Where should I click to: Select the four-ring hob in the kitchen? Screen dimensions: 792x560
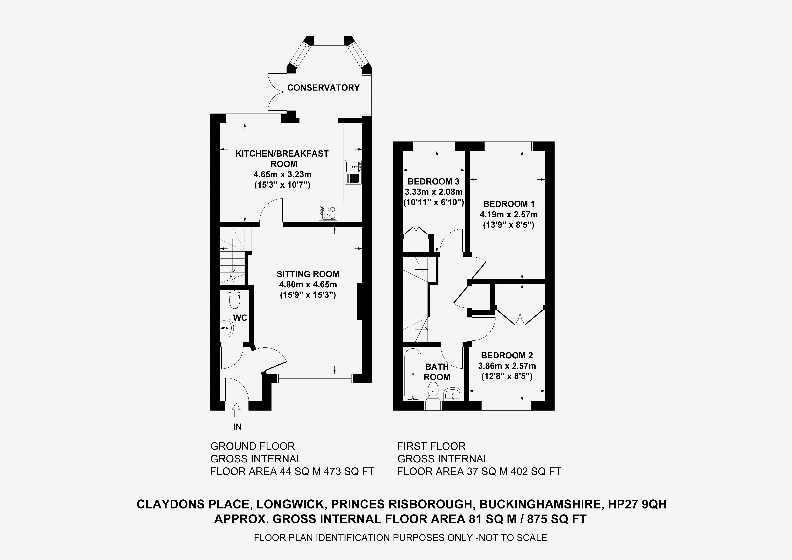[328, 212]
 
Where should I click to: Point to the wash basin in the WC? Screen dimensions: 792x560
[226, 327]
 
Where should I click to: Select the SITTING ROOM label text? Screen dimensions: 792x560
[308, 274]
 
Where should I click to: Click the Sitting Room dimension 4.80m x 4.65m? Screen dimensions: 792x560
[308, 285]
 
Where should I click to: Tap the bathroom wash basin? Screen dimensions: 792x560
[453, 394]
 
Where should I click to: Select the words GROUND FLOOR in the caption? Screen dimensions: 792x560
[252, 446]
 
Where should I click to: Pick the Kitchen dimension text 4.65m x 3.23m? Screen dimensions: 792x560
[283, 174]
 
